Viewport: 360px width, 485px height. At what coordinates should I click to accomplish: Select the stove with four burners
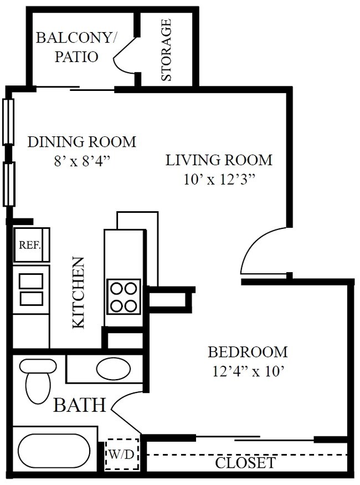click(123, 297)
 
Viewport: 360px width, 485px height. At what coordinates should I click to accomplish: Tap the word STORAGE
click(166, 50)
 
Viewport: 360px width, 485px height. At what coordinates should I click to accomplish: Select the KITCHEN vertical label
click(79, 292)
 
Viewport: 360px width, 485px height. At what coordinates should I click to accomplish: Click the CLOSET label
click(245, 462)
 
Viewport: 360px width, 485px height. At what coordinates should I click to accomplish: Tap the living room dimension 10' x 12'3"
click(219, 180)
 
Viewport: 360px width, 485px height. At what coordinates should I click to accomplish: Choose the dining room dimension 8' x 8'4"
click(82, 161)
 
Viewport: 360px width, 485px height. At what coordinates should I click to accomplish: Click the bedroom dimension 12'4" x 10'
click(248, 371)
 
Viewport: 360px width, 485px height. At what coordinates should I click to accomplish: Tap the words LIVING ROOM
click(219, 160)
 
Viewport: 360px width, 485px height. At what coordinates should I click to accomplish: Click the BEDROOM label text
click(248, 352)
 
